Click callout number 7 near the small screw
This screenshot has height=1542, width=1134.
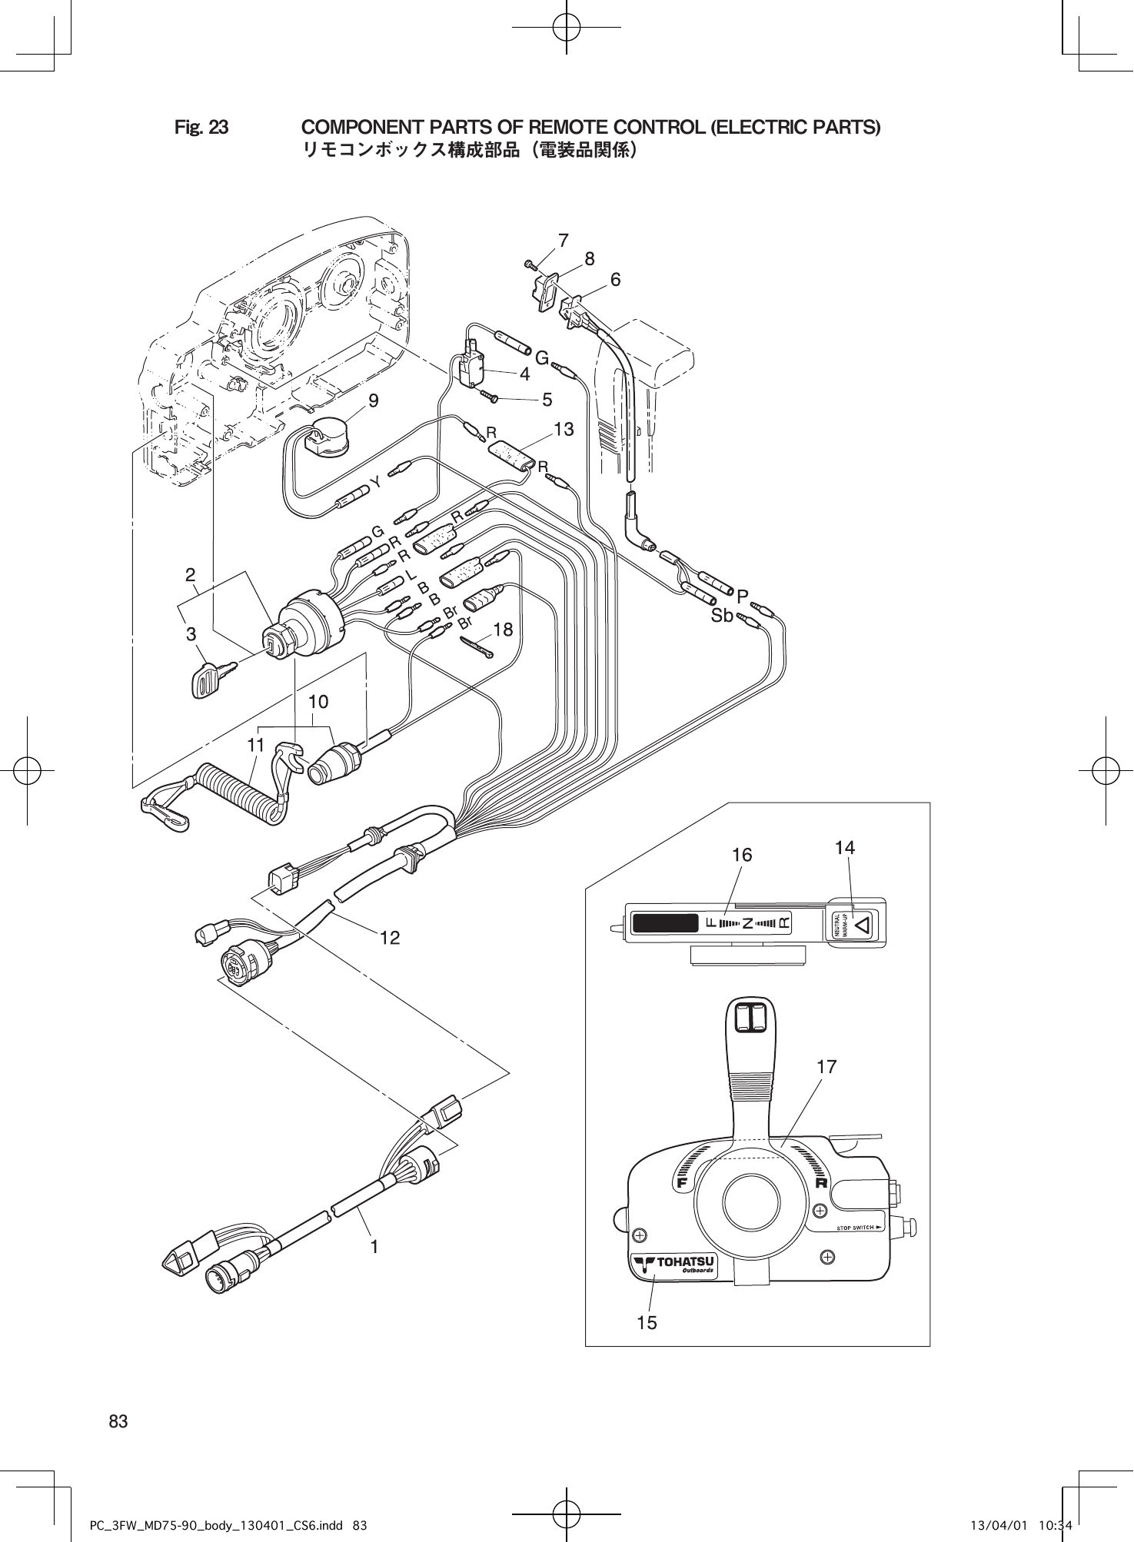[564, 241]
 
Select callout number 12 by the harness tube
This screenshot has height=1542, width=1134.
[391, 938]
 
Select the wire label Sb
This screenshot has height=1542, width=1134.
[722, 616]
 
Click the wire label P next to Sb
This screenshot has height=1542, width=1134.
[743, 597]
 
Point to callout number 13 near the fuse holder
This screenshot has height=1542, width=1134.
[564, 430]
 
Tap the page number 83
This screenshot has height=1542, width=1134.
[118, 1421]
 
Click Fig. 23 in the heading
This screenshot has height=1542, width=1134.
[201, 127]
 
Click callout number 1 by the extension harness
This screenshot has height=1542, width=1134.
[374, 1247]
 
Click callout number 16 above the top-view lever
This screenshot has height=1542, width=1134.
[742, 855]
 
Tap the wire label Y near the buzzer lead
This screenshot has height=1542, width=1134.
[376, 482]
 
